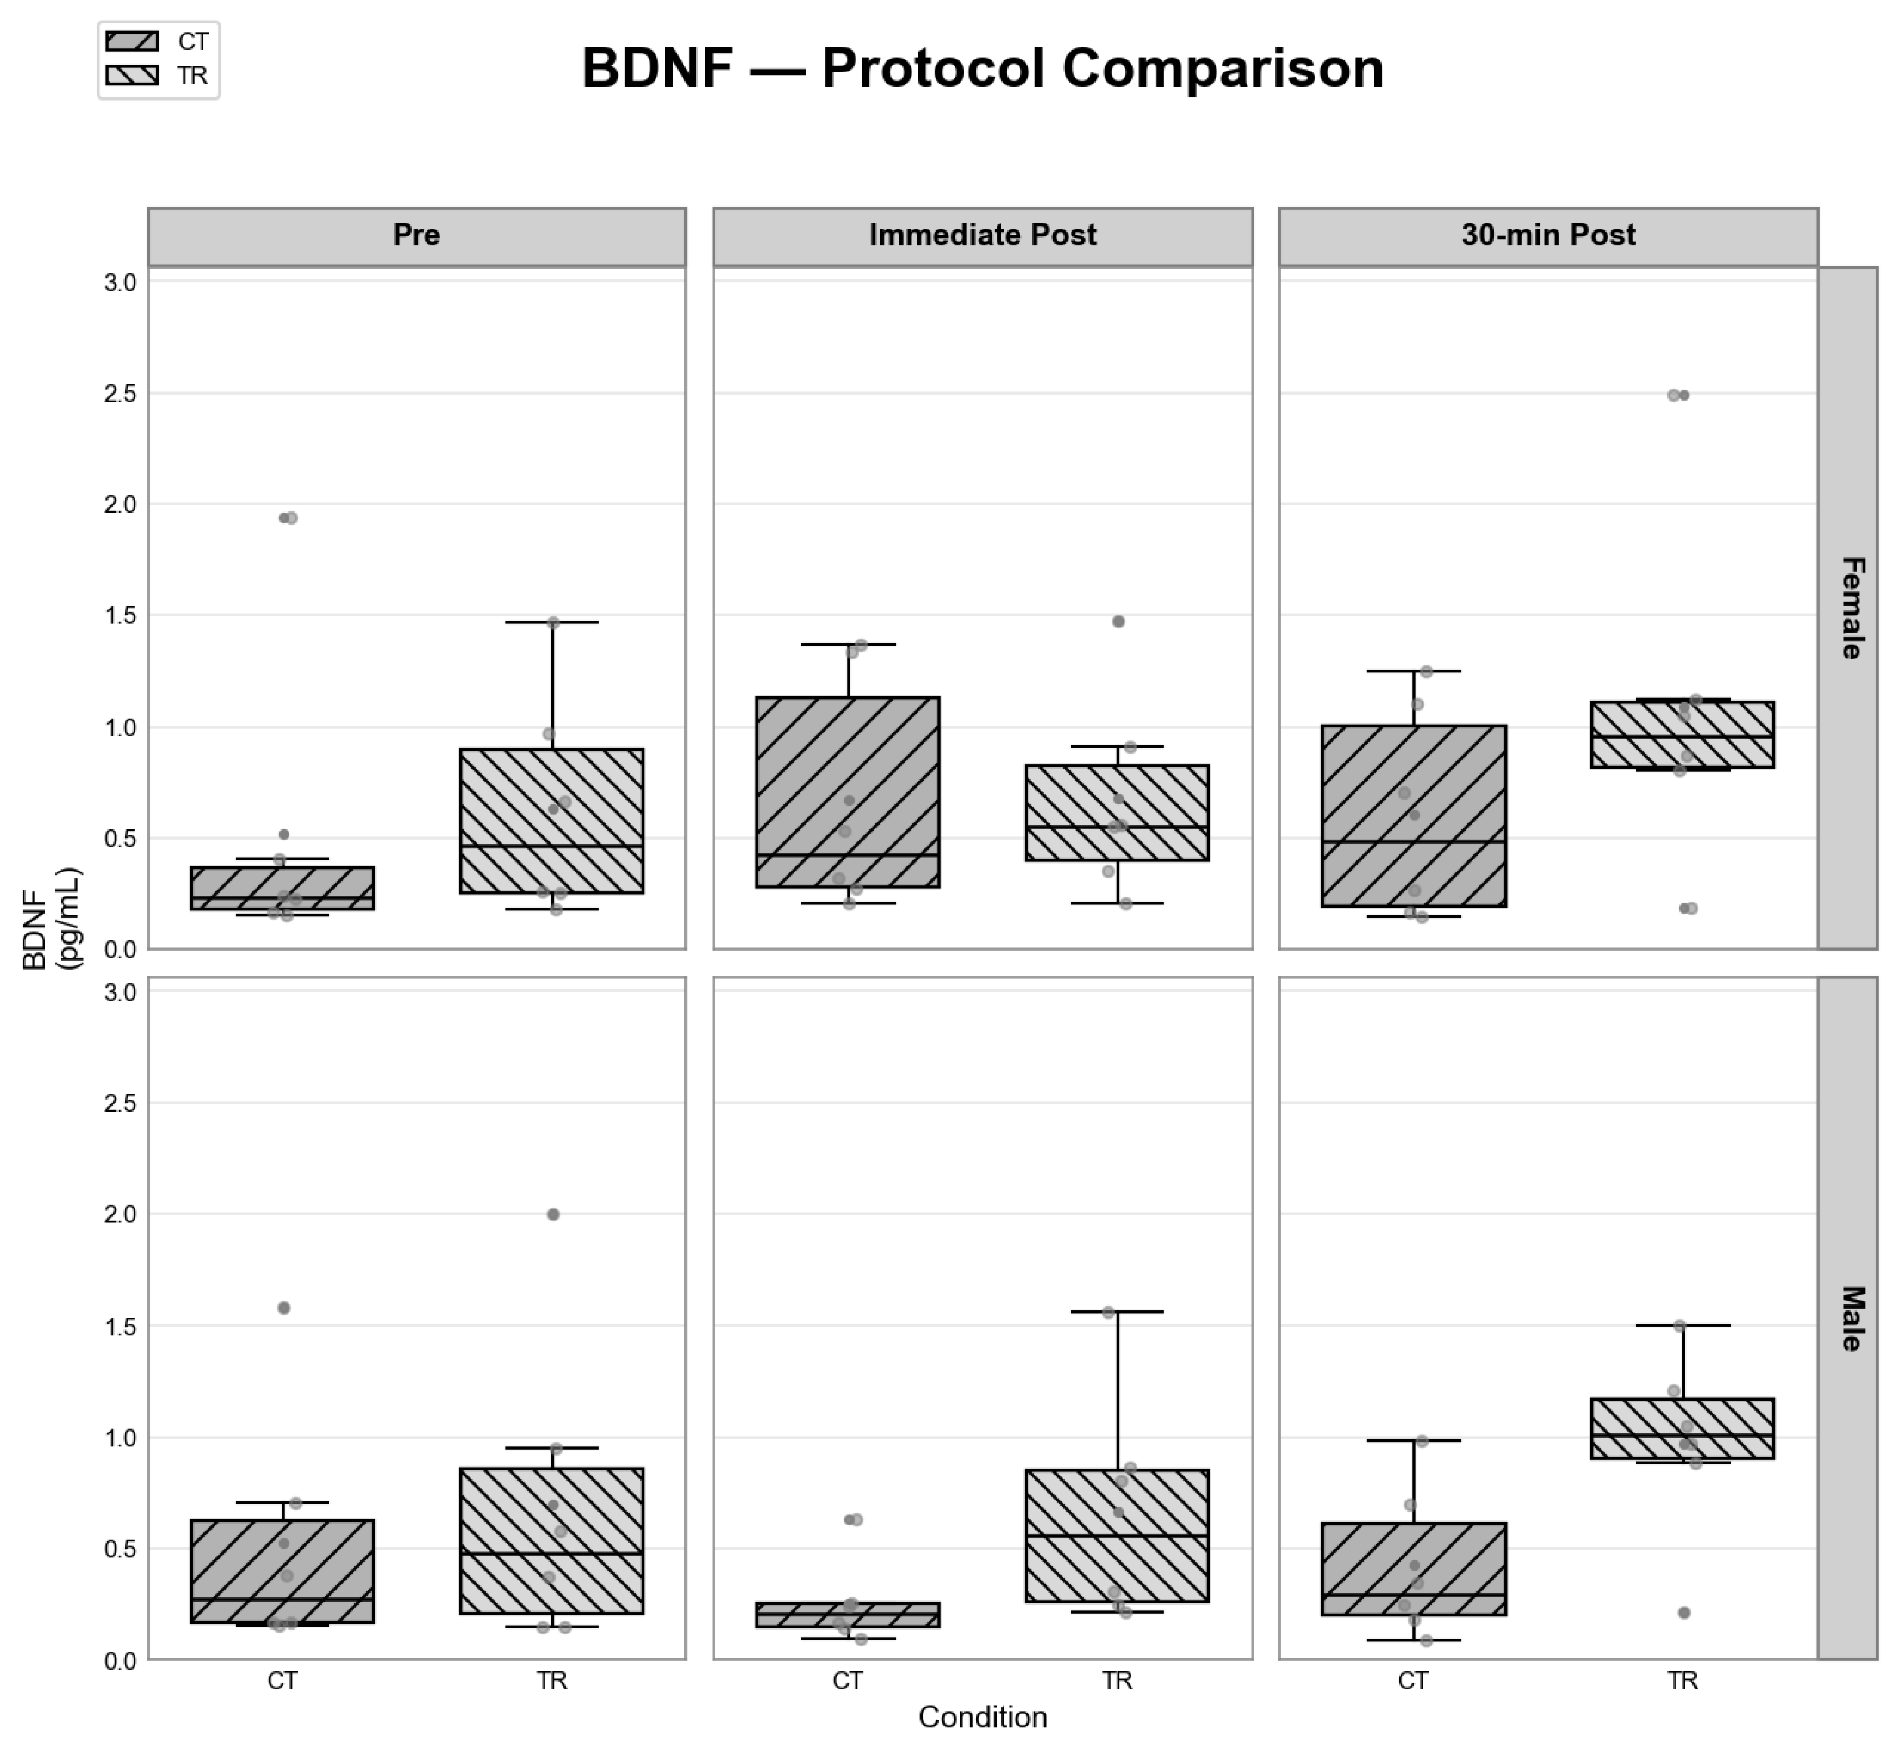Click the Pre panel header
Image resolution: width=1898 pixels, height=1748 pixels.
tap(416, 235)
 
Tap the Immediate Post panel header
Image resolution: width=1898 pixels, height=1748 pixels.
tap(982, 235)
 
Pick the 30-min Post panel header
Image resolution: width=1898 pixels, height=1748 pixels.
tap(1548, 235)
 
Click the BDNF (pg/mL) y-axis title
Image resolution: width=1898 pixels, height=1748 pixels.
tap(52, 917)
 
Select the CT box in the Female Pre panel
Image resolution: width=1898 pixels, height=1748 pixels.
tap(282, 888)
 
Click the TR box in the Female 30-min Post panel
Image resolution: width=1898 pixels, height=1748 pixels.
tap(1682, 734)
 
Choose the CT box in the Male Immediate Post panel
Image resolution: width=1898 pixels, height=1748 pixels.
tap(848, 1615)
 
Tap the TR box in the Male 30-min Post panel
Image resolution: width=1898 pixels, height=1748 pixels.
tap(1682, 1428)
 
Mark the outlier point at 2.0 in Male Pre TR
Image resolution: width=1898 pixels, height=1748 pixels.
tap(553, 1214)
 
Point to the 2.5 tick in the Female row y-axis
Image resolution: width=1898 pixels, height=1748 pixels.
tap(120, 394)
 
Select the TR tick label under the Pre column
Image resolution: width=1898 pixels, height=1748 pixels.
tap(552, 1681)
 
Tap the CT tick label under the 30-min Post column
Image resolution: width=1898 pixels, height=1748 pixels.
tap(1412, 1681)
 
